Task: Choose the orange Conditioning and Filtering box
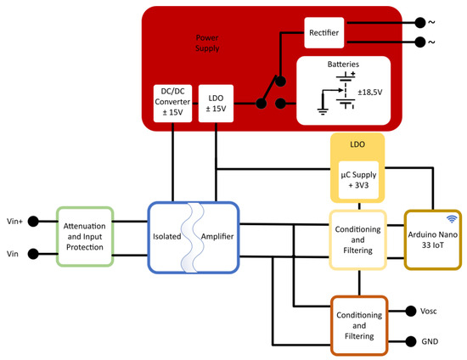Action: coord(358,325)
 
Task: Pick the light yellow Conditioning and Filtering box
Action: coord(358,239)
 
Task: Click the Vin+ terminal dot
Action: coord(33,222)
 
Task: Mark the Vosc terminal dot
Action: coord(412,311)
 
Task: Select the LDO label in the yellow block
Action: coord(357,145)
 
